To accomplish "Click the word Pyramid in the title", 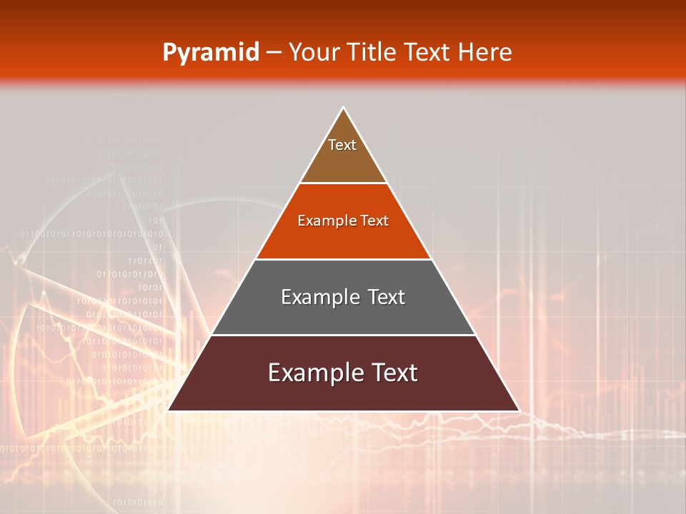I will click(211, 52).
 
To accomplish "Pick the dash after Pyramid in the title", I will click(274, 53).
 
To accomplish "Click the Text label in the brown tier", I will click(342, 145).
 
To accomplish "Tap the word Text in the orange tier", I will click(374, 221).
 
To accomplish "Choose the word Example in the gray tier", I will click(317, 297).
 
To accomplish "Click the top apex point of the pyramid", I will click(344, 108).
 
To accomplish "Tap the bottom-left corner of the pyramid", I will click(168, 410).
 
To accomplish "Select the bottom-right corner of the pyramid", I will click(519, 410).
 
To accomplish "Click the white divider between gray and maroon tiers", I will click(344, 335).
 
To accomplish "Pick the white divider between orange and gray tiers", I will click(344, 259).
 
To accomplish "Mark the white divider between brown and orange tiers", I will click(344, 183).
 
